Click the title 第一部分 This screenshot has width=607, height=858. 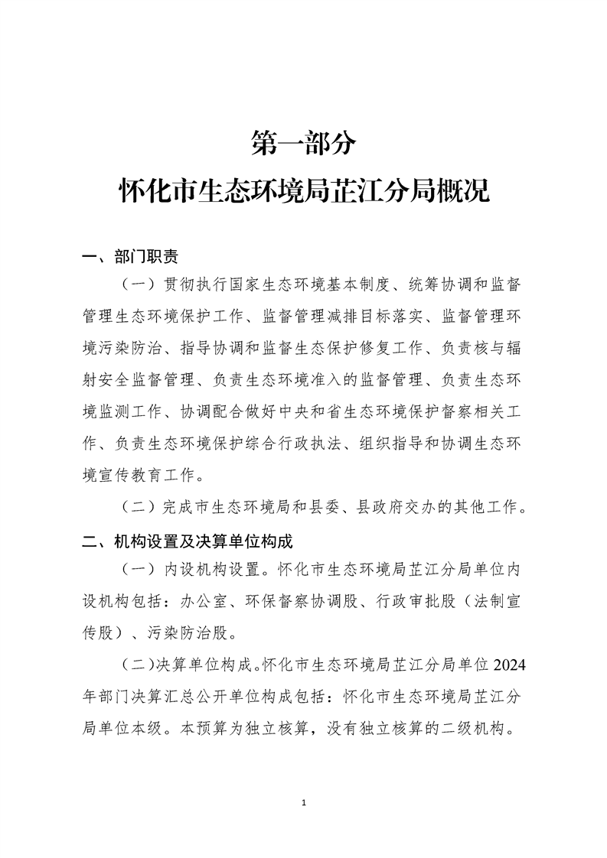(303, 142)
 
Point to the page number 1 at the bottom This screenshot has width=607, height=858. (304, 803)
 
